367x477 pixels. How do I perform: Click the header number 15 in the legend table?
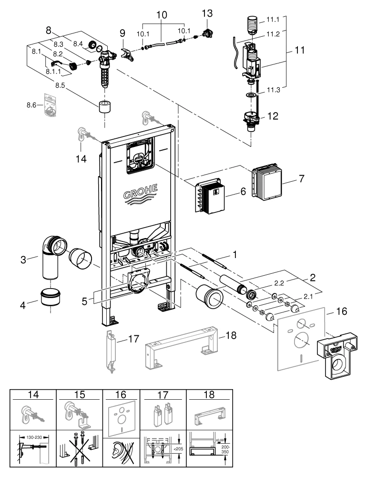click(80, 395)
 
